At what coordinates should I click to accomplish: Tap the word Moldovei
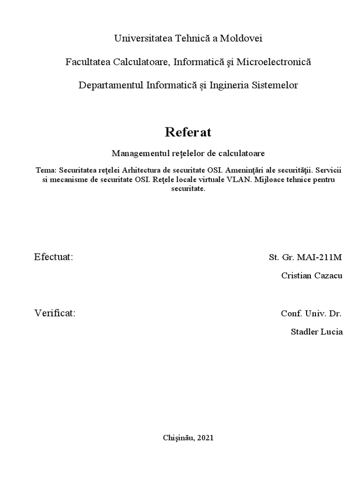tap(243, 38)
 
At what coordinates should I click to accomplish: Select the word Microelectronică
tap(274, 62)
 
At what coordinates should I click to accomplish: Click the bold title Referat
tap(188, 133)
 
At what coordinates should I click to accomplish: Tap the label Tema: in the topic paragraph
tap(46, 171)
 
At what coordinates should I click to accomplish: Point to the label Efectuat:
tap(53, 257)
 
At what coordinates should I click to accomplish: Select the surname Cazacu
tap(328, 276)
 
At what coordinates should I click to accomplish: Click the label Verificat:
tap(55, 313)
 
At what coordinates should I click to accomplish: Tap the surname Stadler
tap(305, 332)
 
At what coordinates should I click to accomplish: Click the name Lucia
tap(332, 332)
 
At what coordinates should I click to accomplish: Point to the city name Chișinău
tap(179, 438)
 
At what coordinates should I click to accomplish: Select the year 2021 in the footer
tap(206, 438)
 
